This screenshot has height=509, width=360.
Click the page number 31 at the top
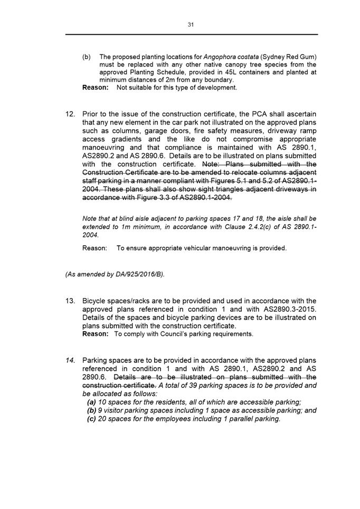pyautogui.click(x=191, y=24)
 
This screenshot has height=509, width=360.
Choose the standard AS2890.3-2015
pyautogui.click(x=283, y=309)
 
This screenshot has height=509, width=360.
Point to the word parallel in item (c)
pyautogui.click(x=232, y=419)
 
